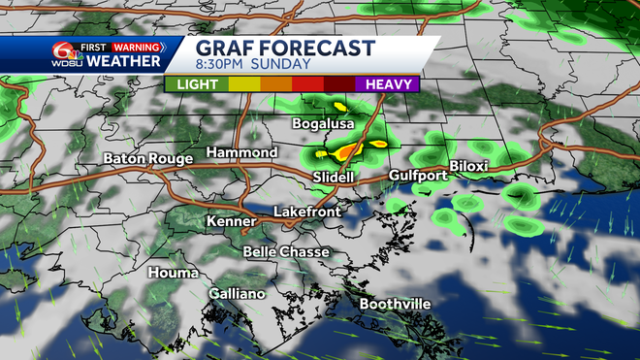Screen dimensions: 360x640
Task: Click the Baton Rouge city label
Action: [144, 157]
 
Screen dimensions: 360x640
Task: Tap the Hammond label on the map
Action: [243, 152]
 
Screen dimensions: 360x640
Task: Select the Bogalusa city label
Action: [323, 124]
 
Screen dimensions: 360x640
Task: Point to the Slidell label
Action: [334, 178]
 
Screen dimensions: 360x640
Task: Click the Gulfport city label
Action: [417, 176]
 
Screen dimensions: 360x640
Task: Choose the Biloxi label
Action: [468, 166]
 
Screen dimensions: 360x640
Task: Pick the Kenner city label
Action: [232, 222]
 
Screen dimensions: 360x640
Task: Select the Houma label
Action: [174, 273]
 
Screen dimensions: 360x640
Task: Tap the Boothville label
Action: [396, 304]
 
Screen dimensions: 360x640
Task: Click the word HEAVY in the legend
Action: [387, 83]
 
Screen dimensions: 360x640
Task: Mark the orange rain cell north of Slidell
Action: [347, 151]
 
